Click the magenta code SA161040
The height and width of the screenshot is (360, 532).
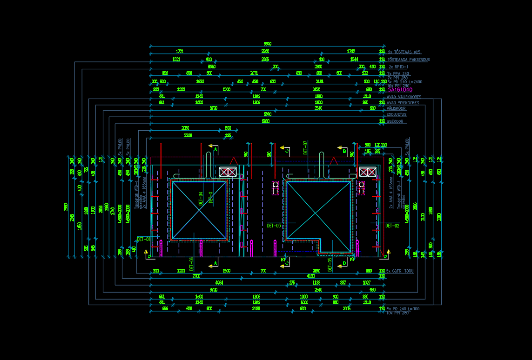(x=400, y=90)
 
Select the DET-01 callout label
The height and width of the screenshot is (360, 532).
(x=143, y=239)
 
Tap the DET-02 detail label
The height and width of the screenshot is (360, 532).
(x=392, y=226)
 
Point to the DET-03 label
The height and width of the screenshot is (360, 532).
(x=274, y=226)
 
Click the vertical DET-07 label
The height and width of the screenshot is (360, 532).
(x=305, y=147)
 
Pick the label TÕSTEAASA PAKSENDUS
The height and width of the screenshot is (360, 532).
(x=408, y=60)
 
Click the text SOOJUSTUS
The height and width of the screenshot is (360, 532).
(x=396, y=114)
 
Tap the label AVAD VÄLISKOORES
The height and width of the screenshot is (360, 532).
(x=404, y=97)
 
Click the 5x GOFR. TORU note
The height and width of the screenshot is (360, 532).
(x=400, y=271)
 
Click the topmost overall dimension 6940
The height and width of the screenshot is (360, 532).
(x=267, y=44)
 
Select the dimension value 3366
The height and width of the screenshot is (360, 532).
(x=265, y=51)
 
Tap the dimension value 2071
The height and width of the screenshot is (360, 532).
(x=254, y=73)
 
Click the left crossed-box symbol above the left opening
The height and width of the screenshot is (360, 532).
(x=228, y=172)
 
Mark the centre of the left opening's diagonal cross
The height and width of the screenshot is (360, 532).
(x=199, y=210)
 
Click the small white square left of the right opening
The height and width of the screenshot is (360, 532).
(x=276, y=185)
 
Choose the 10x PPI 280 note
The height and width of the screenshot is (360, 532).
(x=397, y=313)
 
